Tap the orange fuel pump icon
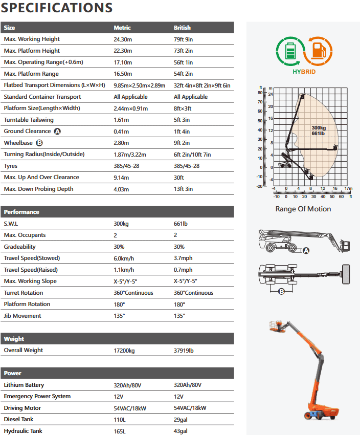(318, 52)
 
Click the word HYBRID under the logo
(304, 72)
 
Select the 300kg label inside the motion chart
(319, 127)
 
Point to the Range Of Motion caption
(303, 209)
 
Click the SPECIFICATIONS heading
(57, 8)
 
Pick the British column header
(182, 28)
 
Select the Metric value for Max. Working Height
(123, 39)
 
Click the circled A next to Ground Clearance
(57, 132)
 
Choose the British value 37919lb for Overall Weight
(184, 350)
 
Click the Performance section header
(21, 212)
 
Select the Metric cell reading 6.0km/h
(124, 258)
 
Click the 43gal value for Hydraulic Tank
(181, 431)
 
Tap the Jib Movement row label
(22, 316)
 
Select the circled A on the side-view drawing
(306, 250)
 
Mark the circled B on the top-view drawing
(281, 292)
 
